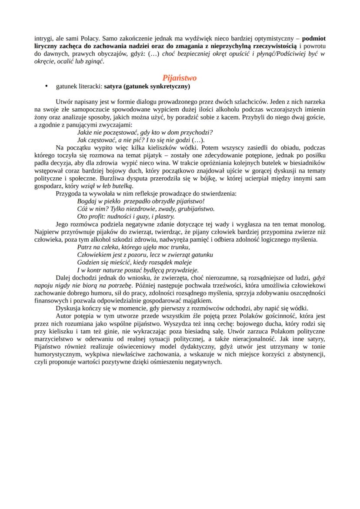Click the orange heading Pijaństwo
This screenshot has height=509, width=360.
tap(179, 78)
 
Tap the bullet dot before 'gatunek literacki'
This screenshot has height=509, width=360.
tap(46, 87)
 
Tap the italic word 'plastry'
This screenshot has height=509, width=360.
tap(165, 216)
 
